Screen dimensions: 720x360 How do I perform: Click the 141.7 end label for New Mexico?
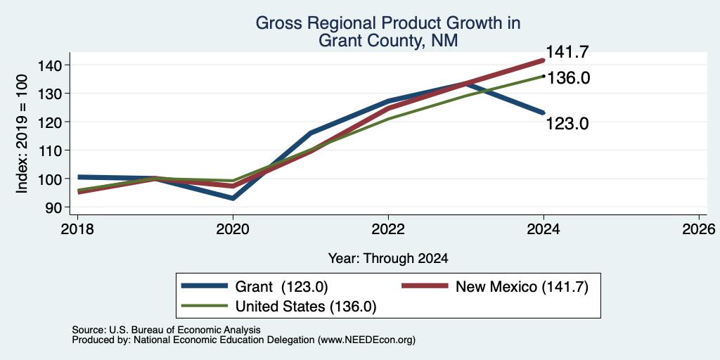coord(567,52)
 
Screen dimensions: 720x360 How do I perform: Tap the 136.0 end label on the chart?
coord(568,78)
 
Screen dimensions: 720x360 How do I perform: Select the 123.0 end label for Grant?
coord(567,123)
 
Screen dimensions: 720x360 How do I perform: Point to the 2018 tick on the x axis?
coord(77,229)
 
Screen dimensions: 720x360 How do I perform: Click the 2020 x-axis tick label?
coord(233,229)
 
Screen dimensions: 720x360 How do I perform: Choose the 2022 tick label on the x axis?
coord(388,229)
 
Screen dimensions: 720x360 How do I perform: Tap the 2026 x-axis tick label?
coord(699,229)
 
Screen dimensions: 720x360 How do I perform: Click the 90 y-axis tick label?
coord(53,207)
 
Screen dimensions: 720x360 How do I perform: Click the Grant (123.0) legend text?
coord(281,287)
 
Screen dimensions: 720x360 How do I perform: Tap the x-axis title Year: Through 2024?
coord(388,258)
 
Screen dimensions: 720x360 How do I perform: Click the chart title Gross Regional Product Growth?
coord(388,22)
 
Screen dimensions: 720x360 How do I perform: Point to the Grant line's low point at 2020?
coord(233,198)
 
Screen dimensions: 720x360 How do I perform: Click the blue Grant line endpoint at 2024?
coord(544,112)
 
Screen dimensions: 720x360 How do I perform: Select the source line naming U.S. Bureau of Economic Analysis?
coord(166,330)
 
